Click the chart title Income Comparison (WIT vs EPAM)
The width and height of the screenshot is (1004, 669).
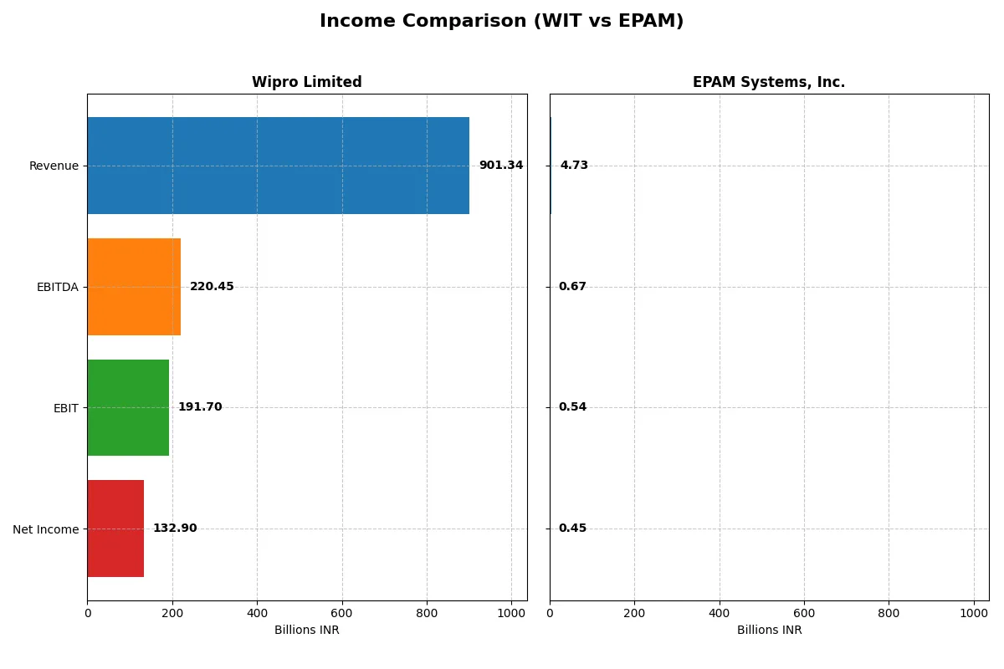tap(501, 22)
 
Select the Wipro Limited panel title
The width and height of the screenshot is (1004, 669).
tap(306, 82)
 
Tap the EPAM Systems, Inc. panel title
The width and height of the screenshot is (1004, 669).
tap(768, 82)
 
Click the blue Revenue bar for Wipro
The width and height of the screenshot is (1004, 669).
tap(278, 166)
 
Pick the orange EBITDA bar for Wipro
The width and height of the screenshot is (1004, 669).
tap(134, 287)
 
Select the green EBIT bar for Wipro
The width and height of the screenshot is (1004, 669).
tap(128, 407)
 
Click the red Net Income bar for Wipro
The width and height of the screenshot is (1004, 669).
tap(115, 529)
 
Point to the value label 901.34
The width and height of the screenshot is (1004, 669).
tap(500, 166)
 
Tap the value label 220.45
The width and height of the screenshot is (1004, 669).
tap(212, 287)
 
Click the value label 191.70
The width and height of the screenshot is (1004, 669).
tap(200, 407)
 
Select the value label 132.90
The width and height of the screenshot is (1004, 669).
tap(175, 529)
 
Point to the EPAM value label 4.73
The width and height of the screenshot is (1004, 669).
tap(574, 166)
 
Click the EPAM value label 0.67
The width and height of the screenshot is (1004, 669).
tap(572, 287)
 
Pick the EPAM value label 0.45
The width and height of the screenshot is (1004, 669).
tap(572, 529)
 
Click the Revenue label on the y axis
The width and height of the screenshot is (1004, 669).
tap(54, 166)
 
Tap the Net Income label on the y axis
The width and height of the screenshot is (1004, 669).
tap(46, 529)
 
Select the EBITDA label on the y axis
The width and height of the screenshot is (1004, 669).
tap(57, 287)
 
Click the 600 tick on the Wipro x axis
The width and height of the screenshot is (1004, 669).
tap(341, 612)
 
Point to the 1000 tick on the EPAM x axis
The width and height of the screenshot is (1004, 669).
tap(974, 612)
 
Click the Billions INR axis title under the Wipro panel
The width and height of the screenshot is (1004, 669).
tap(306, 631)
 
